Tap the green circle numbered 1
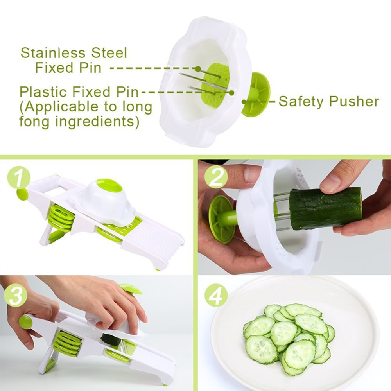18,178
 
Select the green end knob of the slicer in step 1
22,194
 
